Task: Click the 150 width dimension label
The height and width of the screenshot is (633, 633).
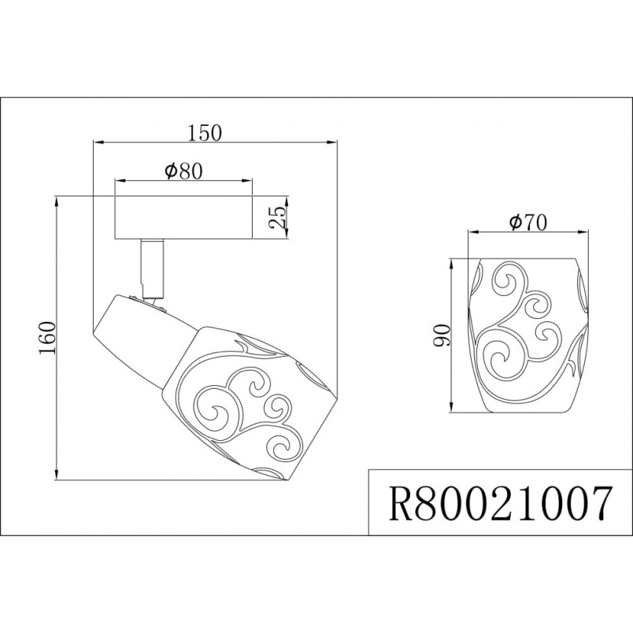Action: [x=205, y=132]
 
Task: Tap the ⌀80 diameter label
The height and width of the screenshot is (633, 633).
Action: [x=183, y=171]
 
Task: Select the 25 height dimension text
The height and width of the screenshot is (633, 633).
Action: [x=278, y=217]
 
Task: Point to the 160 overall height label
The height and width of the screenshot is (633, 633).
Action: [x=46, y=338]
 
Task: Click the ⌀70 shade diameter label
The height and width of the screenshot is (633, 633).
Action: [x=528, y=223]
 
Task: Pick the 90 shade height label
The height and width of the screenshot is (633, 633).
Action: [x=441, y=335]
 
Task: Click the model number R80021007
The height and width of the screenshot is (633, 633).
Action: [x=500, y=503]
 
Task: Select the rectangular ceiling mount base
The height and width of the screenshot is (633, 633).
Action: [x=183, y=217]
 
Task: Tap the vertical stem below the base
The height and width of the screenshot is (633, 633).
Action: [x=152, y=268]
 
